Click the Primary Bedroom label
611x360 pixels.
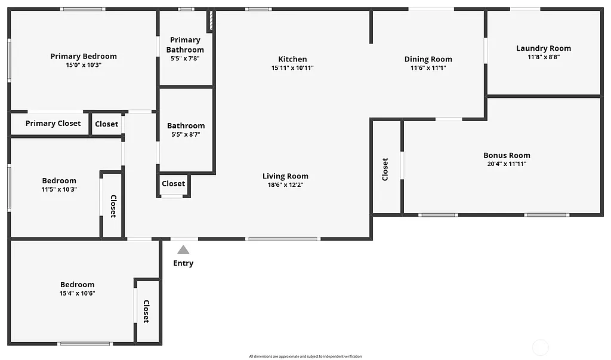pos(84,56)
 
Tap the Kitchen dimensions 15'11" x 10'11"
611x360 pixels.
pos(292,68)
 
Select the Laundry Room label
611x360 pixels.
pos(543,48)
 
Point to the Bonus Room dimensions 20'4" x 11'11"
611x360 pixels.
pos(507,164)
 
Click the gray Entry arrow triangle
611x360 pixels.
pos(183,250)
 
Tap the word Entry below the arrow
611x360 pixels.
pos(183,263)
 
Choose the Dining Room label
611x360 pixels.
pos(428,59)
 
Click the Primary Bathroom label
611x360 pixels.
pos(185,45)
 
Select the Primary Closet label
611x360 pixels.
pos(53,124)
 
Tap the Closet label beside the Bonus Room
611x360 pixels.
pos(385,169)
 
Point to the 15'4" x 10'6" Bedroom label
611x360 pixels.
pos(77,285)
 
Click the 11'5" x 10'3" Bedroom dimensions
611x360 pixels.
pos(59,189)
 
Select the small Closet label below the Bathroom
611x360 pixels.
pos(174,184)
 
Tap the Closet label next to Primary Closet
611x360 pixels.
pos(106,124)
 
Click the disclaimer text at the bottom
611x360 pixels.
pos(305,356)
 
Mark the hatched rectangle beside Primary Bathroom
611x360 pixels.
pos(210,21)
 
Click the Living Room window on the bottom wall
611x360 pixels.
pos(283,239)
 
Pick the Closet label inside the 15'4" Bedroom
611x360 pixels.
pos(146,311)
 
